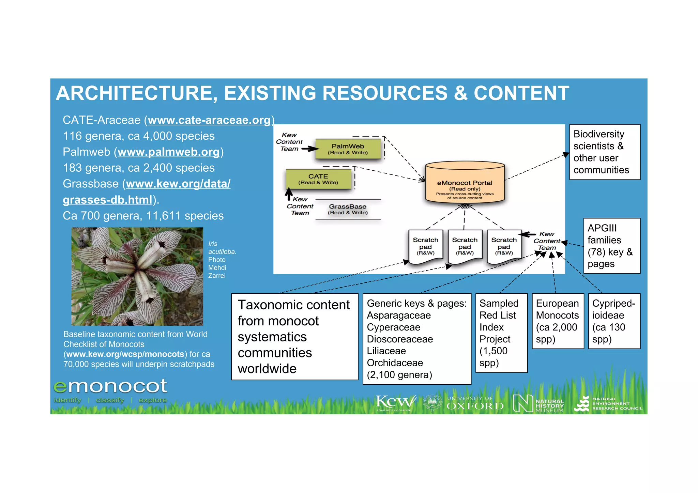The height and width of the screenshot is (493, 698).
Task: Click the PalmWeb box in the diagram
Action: point(348,149)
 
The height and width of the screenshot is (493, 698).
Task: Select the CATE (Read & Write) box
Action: point(318,179)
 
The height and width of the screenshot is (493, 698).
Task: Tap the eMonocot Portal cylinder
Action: point(465,184)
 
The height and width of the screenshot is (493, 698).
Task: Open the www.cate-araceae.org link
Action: point(209,120)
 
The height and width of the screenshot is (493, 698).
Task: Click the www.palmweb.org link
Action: point(169,152)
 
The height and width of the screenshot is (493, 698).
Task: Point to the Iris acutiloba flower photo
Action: point(137,276)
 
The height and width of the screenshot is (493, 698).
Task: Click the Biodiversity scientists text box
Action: point(605,152)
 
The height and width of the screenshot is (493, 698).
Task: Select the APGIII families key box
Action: point(611,246)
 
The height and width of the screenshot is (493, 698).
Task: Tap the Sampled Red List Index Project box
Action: point(501,333)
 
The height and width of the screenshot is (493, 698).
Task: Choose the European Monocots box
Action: point(558,321)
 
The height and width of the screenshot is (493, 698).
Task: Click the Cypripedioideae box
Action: point(614,321)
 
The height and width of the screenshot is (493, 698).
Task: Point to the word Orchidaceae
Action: point(395,363)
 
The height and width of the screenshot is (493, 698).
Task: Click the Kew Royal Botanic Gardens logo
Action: point(395,403)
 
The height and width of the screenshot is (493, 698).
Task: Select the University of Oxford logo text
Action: point(475,403)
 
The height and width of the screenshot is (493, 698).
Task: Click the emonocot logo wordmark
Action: point(110,386)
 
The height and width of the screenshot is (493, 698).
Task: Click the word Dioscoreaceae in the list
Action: point(400,339)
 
